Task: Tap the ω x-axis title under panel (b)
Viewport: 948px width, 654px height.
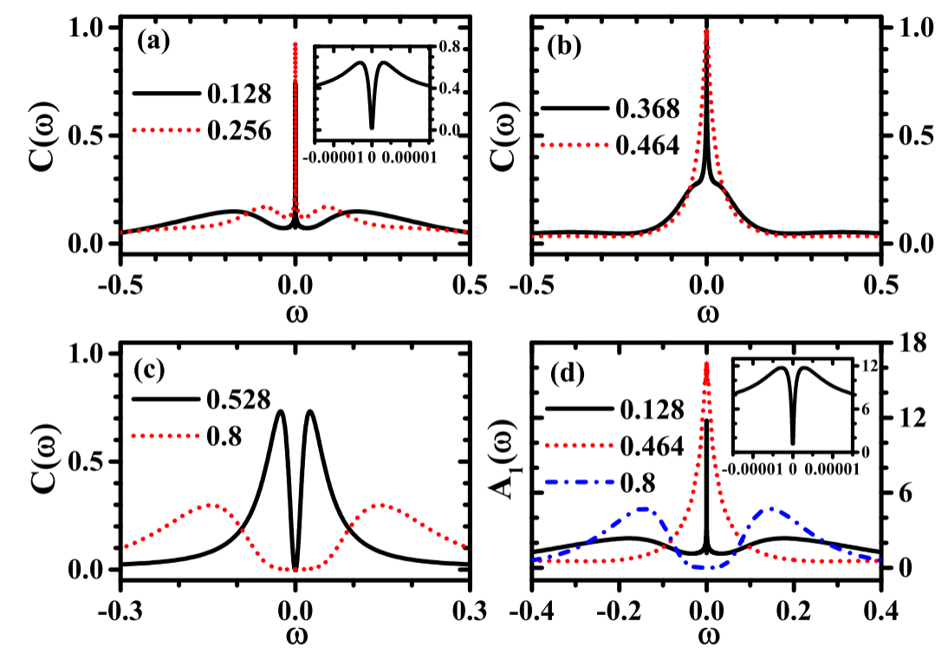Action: (707, 311)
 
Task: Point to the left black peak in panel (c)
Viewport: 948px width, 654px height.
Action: (280, 411)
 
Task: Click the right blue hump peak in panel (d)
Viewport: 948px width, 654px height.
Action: (771, 509)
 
